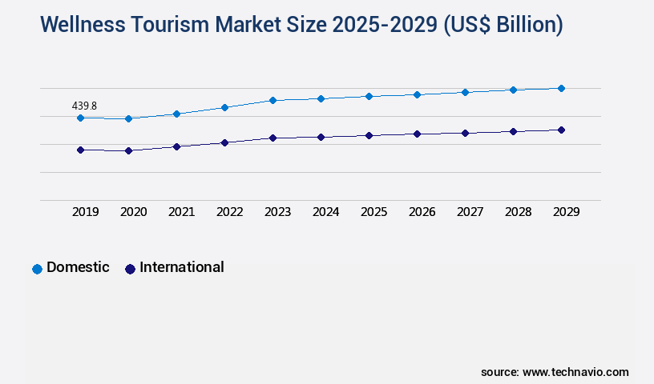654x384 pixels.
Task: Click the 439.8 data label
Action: [x=84, y=106]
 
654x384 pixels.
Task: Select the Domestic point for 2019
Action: [x=80, y=118]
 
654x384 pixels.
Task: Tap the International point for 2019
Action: [x=80, y=150]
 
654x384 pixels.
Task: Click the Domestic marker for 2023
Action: [x=272, y=100]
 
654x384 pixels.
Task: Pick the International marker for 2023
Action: [x=272, y=138]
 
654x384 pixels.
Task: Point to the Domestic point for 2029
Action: [x=561, y=88]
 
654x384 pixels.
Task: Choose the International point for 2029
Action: [x=561, y=130]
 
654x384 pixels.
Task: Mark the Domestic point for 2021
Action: [x=176, y=114]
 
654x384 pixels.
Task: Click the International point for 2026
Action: [x=417, y=134]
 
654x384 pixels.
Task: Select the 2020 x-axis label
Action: [x=133, y=212]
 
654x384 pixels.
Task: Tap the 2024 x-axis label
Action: [x=325, y=212]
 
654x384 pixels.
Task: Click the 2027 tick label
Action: [x=470, y=212]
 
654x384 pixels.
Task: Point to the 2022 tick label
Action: [x=229, y=212]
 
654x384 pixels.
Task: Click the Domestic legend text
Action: [x=78, y=267]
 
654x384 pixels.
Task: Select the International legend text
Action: [x=182, y=267]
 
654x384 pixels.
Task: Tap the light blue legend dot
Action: [x=37, y=269]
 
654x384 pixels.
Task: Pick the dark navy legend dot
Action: [x=130, y=269]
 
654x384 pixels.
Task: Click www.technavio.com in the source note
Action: [x=575, y=372]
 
